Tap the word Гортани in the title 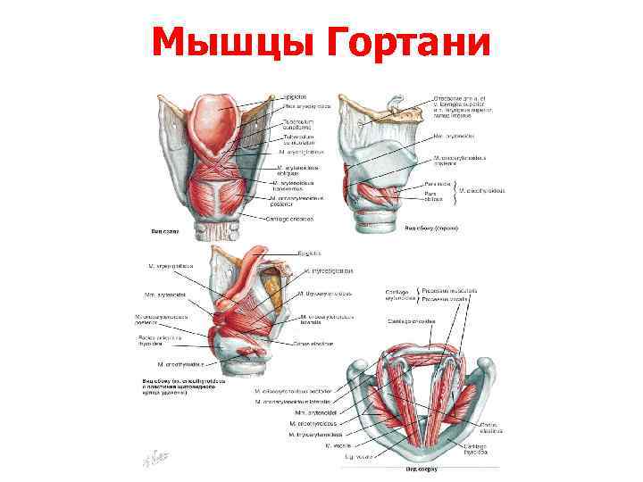coord(405,41)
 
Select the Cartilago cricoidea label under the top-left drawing coord(294,217)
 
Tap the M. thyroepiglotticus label coord(330,270)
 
